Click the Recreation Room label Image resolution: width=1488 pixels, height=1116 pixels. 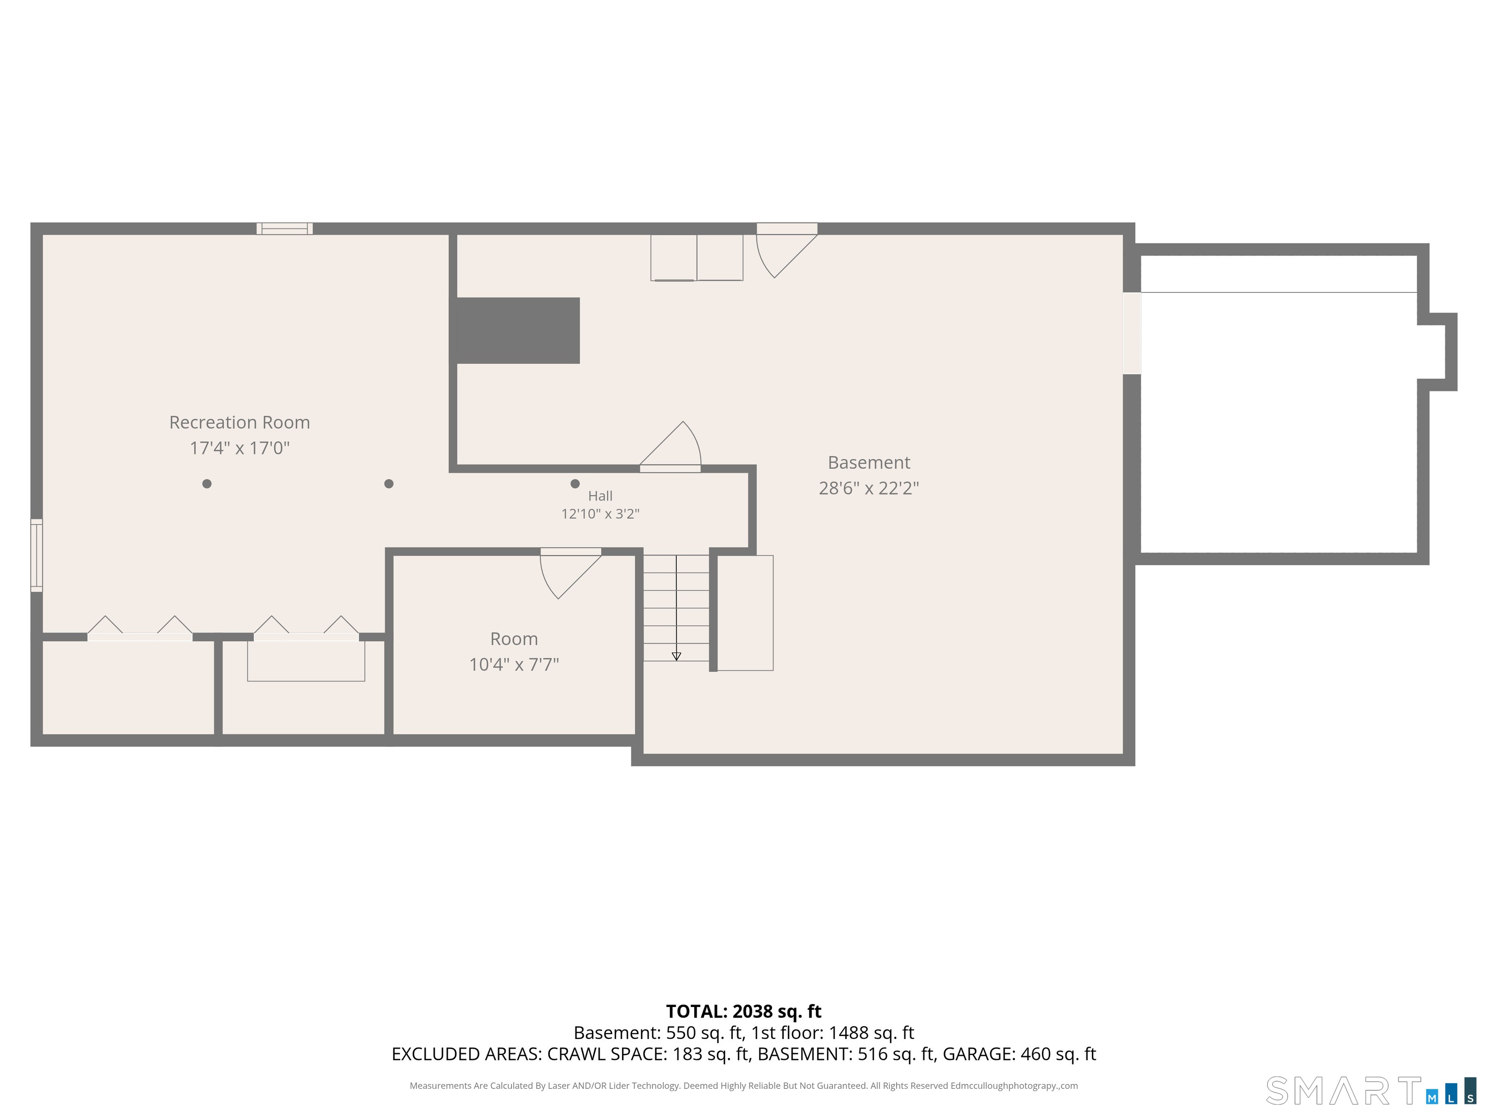point(239,422)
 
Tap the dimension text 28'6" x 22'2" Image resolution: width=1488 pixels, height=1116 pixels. point(868,488)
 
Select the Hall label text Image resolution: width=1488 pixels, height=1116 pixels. point(600,496)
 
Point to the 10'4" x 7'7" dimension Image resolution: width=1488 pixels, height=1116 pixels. point(514,665)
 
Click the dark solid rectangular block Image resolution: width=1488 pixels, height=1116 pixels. point(518,330)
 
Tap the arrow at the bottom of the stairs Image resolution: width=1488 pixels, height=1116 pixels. point(676,656)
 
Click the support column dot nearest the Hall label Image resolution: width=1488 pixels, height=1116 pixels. point(574,484)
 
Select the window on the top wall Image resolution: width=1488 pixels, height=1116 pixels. point(284,229)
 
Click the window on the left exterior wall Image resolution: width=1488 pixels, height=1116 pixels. point(37,556)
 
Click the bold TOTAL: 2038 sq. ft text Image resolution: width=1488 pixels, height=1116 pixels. point(744,1011)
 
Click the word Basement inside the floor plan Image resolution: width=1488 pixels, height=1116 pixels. point(868,462)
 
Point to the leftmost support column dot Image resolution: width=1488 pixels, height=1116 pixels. point(206,484)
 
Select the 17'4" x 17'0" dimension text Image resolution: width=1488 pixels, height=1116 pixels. point(239,448)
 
